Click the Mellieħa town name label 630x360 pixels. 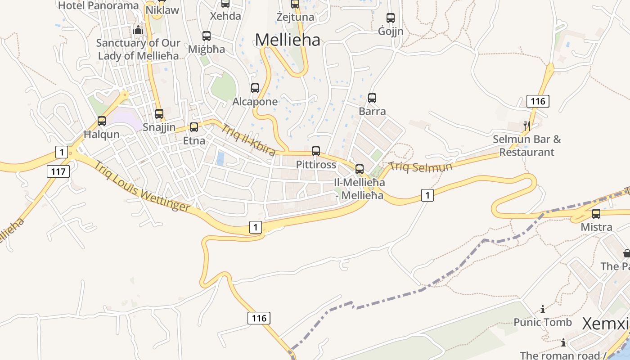click(288, 40)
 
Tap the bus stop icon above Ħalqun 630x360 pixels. click(102, 121)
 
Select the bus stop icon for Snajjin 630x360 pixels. click(159, 114)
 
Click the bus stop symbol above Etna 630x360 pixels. click(194, 127)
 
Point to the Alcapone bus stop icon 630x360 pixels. click(255, 88)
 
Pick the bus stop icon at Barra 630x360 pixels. click(372, 98)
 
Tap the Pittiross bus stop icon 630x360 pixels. click(316, 151)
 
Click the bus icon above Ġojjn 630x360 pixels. click(391, 18)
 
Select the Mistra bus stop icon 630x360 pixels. click(596, 214)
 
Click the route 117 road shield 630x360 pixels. click(58, 171)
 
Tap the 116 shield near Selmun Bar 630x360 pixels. click(538, 101)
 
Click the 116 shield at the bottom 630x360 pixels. click(259, 318)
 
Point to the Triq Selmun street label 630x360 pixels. click(421, 167)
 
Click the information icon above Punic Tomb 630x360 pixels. click(543, 309)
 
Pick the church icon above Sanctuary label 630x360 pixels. click(138, 30)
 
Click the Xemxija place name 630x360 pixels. click(605, 324)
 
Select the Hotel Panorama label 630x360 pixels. click(99, 5)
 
